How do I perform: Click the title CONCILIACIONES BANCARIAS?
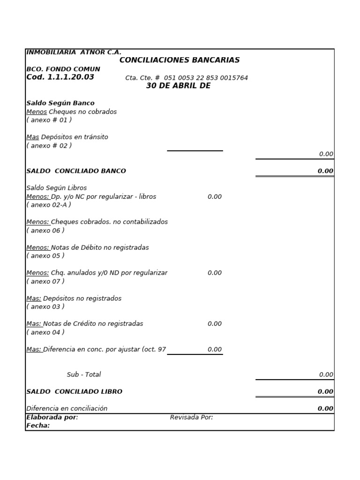coord(180,60)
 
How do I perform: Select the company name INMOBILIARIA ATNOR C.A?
coord(74,52)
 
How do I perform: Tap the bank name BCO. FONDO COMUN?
coord(63,69)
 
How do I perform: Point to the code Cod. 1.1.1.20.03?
coord(60,77)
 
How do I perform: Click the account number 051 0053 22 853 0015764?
coord(206,78)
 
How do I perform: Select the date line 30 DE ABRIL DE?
coord(178,86)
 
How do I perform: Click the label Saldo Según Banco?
coord(60,103)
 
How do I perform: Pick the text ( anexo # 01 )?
coord(49,120)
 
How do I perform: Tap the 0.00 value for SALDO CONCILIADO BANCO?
coord(325,171)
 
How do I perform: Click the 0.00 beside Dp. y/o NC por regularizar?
coord(215,197)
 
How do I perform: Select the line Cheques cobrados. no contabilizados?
coord(97,222)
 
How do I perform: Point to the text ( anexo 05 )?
coord(45,256)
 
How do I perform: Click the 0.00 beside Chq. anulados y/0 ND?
coord(215,273)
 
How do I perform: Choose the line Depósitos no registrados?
coord(74,299)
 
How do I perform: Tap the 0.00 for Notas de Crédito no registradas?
coord(215,324)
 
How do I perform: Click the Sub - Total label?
coord(83,375)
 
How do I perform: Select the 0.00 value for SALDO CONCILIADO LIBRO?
coord(325,392)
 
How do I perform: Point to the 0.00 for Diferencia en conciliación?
coord(325,409)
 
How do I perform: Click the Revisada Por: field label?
coord(191,417)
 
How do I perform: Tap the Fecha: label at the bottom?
coord(38,426)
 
